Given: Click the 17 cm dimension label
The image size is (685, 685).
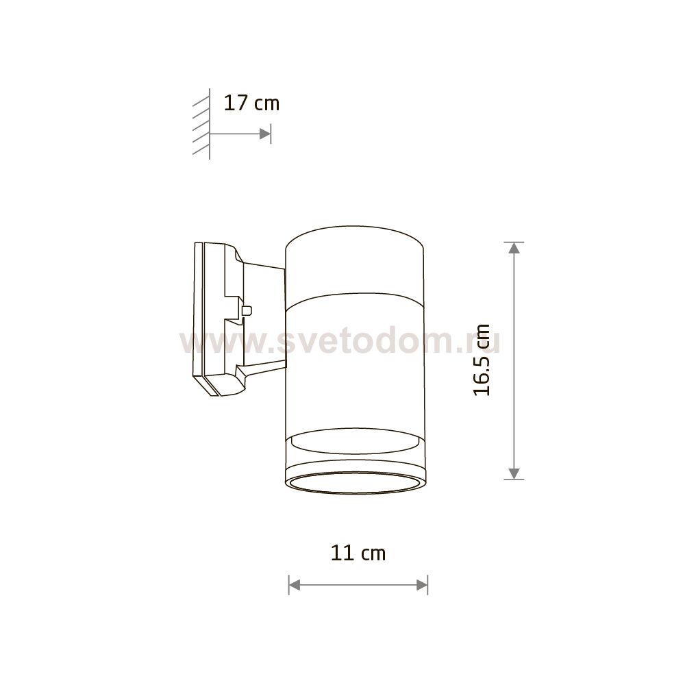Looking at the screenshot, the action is (251, 103).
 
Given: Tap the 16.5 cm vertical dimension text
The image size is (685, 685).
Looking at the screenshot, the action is (482, 360).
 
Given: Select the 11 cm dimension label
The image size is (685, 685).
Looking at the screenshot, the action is (358, 553).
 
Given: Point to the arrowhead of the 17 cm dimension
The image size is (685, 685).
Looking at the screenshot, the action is (264, 134).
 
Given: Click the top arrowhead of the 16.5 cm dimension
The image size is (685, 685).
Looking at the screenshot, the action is (514, 248).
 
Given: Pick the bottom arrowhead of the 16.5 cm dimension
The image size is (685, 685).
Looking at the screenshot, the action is (514, 473).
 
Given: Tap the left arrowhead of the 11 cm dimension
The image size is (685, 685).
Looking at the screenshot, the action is (295, 585).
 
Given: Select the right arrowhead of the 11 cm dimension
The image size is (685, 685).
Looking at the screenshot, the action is (422, 585).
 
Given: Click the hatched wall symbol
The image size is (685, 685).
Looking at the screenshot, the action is (201, 125).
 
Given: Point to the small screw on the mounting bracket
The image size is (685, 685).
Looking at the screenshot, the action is (247, 310).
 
